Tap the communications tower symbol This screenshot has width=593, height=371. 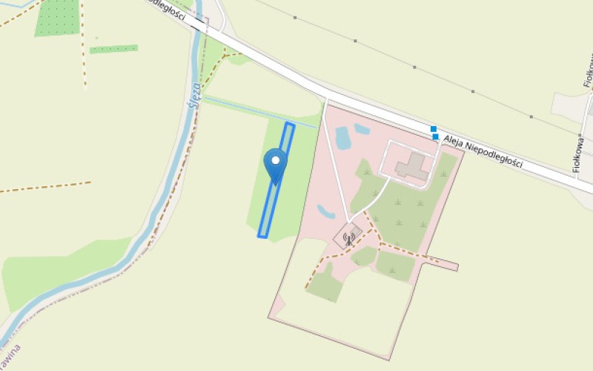[x=348, y=237]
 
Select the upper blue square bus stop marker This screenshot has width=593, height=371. [x=434, y=129]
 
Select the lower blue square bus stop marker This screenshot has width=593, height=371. [x=436, y=137]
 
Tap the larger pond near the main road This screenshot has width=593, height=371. [x=343, y=137]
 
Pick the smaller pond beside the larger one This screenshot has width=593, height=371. [x=362, y=129]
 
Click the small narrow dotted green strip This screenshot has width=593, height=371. [x=113, y=49]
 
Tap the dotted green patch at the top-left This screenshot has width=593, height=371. [x=57, y=18]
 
